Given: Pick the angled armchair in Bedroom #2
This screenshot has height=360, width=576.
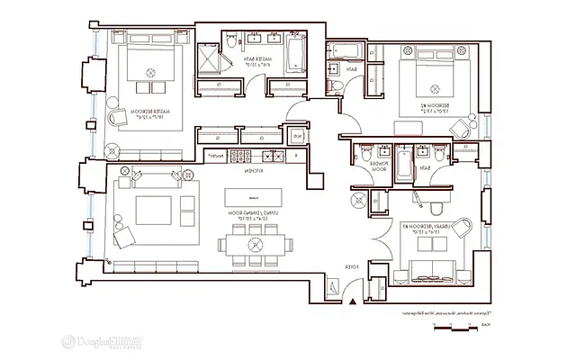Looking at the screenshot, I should click(x=462, y=127).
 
